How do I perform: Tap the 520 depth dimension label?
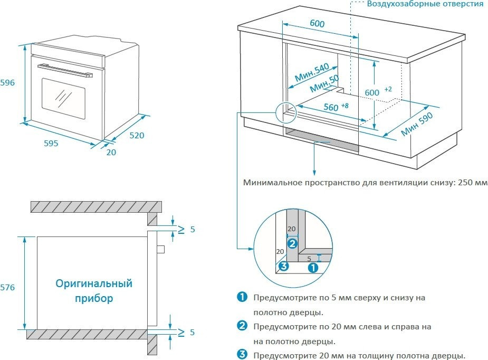pyautogui.click(x=137, y=135)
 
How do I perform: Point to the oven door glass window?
pyautogui.click(x=63, y=98)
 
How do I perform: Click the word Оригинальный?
pyautogui.click(x=94, y=284)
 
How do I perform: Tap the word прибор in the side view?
pyautogui.click(x=94, y=299)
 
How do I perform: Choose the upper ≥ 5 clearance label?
pyautogui.click(x=187, y=230)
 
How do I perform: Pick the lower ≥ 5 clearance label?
pyautogui.click(x=187, y=333)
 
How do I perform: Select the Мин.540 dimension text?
pyautogui.click(x=312, y=73)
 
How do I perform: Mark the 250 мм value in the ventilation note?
pyautogui.click(x=472, y=183)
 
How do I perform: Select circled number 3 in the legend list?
pyautogui.click(x=242, y=355)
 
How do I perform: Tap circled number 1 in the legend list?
pyautogui.click(x=242, y=298)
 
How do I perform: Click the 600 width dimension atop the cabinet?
pyautogui.click(x=317, y=24)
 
